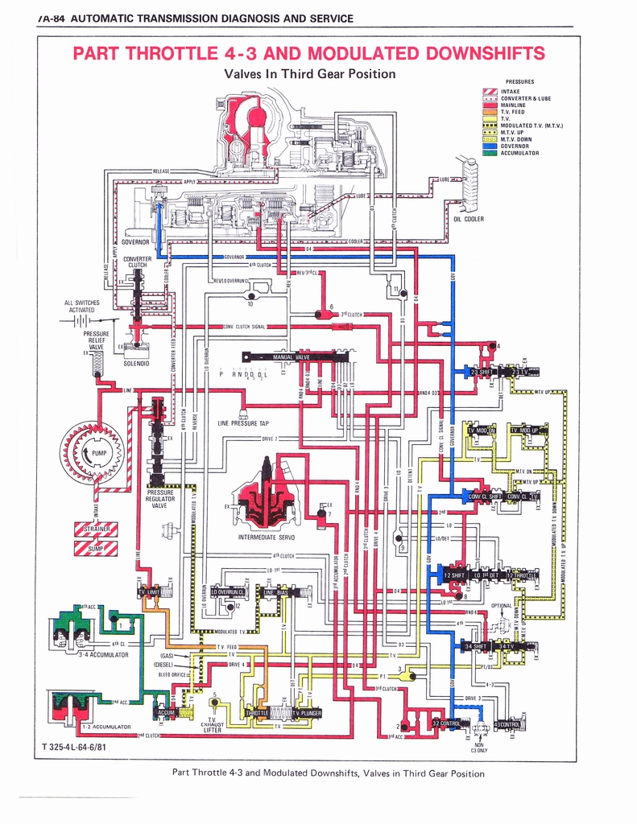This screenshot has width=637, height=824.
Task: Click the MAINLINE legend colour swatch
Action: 489,105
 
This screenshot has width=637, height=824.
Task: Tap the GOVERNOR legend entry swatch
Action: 489,146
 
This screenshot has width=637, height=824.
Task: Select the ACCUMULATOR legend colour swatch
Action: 489,153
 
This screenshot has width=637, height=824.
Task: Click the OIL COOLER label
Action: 468,219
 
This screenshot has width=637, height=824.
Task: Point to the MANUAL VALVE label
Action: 296,356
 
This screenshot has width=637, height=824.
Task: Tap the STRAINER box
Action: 97,529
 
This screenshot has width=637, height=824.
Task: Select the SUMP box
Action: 97,549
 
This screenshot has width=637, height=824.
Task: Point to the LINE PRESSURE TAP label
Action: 243,423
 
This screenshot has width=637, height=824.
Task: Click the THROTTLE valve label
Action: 257,713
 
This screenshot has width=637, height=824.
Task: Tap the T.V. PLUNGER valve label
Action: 307,713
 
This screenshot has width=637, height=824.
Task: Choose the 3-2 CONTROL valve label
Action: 445,723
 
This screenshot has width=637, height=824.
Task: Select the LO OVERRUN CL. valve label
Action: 227,592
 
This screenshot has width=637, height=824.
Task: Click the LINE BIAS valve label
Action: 276,592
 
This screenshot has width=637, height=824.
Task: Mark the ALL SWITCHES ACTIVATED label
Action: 82,306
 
